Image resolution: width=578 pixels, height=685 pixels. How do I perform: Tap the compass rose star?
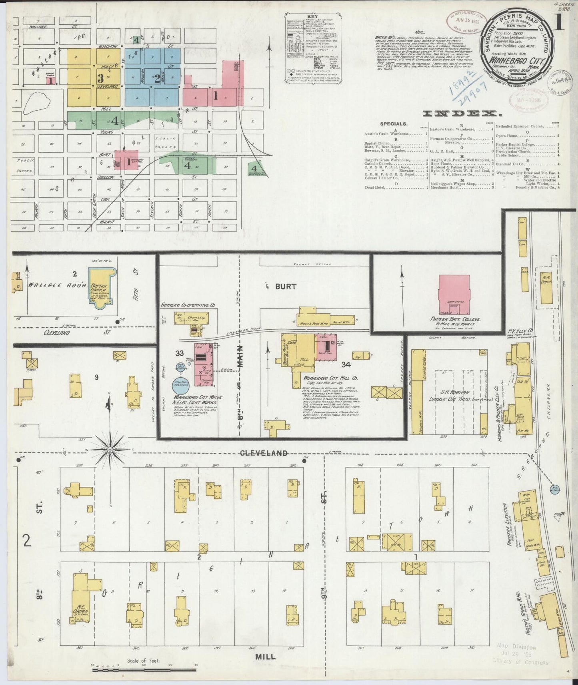click(110, 450)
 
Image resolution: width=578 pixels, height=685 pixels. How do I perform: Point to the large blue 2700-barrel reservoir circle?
click(180, 386)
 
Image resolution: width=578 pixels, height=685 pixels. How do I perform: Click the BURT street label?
click(285, 286)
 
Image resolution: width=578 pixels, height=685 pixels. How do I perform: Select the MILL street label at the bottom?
click(264, 657)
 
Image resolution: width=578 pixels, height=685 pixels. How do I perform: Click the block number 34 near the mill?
click(346, 364)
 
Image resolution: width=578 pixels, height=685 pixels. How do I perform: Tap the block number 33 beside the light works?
click(179, 353)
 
